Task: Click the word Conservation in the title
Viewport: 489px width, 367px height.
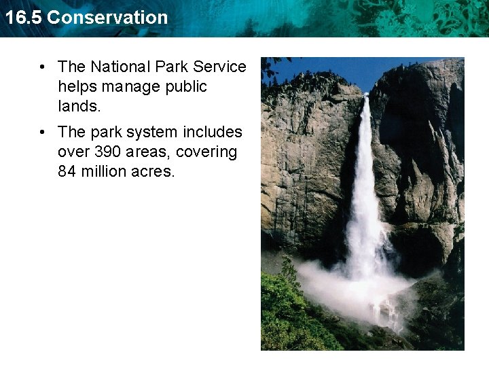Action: click(107, 18)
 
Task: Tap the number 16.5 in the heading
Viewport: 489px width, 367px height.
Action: click(23, 18)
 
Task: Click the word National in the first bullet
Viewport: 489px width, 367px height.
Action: click(121, 67)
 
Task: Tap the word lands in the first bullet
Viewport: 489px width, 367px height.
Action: click(77, 107)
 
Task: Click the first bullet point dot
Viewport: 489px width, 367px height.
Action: click(42, 67)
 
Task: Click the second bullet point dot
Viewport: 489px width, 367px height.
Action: click(42, 132)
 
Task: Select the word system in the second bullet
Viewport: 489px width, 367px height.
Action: click(151, 131)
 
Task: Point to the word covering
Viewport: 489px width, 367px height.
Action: click(206, 152)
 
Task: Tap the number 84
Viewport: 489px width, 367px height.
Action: click(67, 172)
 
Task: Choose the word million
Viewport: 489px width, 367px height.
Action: click(103, 172)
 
